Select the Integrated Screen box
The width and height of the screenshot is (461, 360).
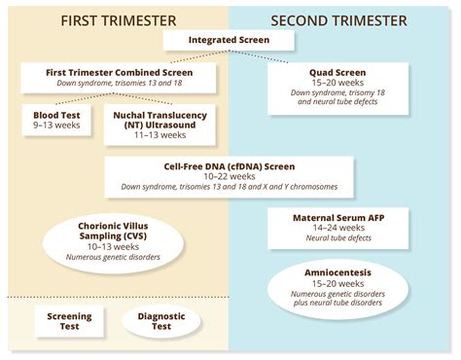point(230,40)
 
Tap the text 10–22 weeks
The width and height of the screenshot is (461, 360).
point(230,174)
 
